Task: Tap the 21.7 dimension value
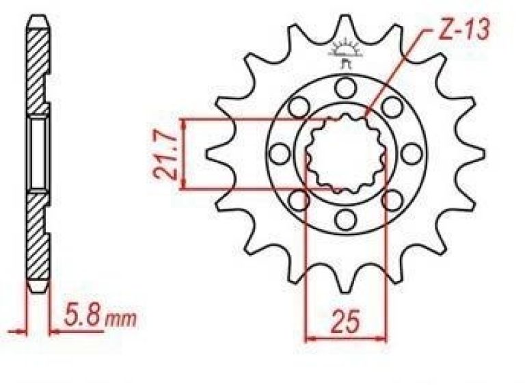(164, 155)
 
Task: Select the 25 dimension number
(345, 321)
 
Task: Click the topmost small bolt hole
(346, 87)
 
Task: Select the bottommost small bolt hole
(345, 220)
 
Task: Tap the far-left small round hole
(280, 154)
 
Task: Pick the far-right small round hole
(412, 154)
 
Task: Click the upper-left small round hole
(299, 107)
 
